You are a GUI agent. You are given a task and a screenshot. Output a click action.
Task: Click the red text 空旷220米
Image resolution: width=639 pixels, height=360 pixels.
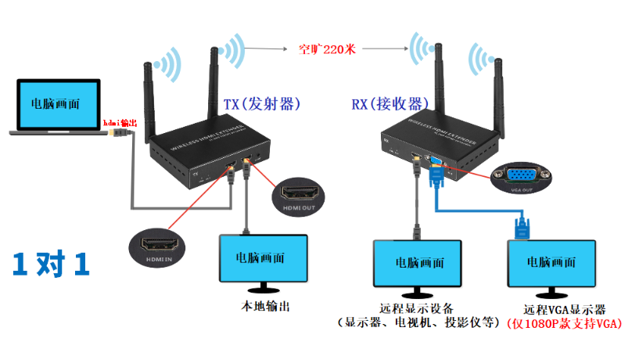(327, 49)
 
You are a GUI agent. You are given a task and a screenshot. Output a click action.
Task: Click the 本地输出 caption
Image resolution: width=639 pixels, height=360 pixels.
(263, 306)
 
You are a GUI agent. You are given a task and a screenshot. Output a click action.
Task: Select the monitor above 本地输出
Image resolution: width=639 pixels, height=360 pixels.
(263, 257)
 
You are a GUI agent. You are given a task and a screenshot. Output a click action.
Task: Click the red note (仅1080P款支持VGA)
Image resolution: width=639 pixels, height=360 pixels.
(565, 322)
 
